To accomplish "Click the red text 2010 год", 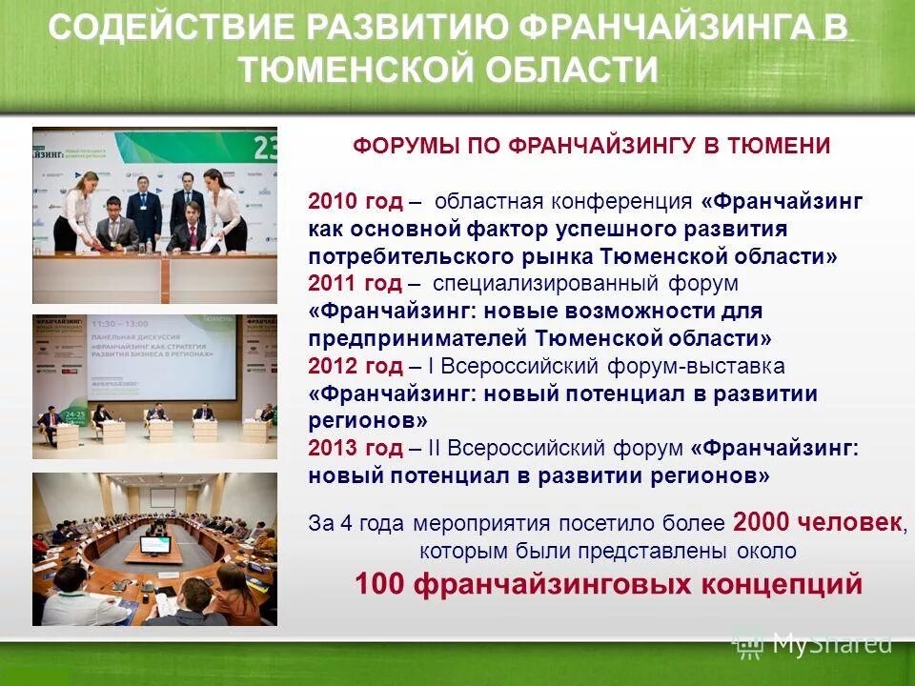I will (x=355, y=202).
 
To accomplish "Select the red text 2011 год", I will (x=355, y=284).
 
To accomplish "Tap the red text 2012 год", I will (x=355, y=367).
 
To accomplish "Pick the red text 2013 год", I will (x=355, y=448).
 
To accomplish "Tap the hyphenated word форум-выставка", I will (x=678, y=367).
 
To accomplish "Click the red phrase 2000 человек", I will (x=818, y=522).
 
